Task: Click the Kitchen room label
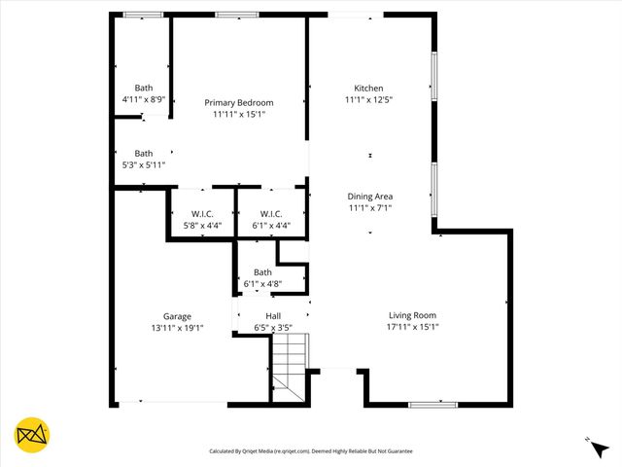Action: coord(368,87)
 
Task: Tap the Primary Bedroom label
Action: coord(238,102)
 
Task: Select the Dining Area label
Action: coord(369,196)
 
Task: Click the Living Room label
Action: coord(412,315)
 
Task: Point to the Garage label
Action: coord(177,316)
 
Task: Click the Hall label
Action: coord(273,316)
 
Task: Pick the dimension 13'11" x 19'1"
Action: coord(177,328)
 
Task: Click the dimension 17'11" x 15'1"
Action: coord(412,327)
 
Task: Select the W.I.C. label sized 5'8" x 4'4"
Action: coord(202,214)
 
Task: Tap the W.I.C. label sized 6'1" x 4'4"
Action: coord(271,214)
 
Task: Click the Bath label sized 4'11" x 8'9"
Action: coord(144,87)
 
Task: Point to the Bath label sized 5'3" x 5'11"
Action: coord(144,153)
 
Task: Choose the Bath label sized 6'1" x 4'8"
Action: coord(262,272)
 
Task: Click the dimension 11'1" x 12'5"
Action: coord(368,98)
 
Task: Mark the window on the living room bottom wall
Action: coord(432,404)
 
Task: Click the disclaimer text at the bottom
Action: coord(311,451)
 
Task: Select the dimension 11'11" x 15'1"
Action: coord(238,114)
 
